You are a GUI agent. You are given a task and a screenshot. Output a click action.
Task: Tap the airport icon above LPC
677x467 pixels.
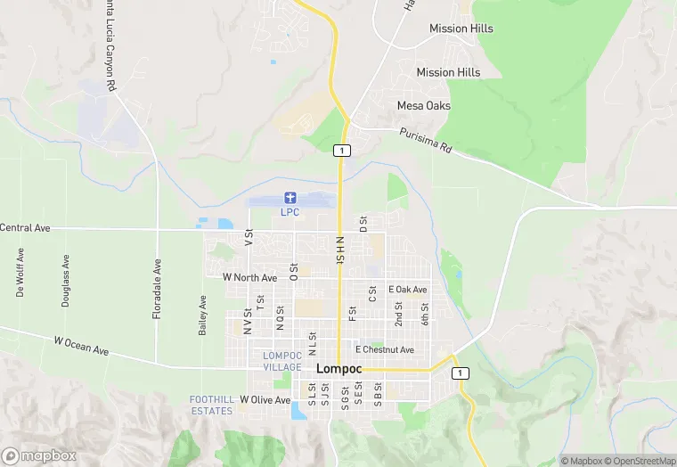290,197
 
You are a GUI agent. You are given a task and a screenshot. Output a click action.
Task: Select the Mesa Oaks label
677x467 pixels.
423,106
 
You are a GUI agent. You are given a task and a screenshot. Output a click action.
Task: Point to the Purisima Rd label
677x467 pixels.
426,141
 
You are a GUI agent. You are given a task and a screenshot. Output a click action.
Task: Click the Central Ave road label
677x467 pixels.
25,228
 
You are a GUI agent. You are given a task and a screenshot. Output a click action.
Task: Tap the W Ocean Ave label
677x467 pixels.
81,346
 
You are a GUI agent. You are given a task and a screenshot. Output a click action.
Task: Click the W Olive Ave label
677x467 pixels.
265,400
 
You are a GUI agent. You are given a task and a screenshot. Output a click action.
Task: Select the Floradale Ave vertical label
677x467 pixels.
157,278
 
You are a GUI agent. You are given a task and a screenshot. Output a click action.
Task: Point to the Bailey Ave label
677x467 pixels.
203,316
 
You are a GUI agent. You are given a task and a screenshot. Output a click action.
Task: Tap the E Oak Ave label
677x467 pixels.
408,290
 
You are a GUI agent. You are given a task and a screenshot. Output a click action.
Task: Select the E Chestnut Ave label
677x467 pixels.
385,350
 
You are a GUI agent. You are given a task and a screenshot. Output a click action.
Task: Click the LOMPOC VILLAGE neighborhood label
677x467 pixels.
283,361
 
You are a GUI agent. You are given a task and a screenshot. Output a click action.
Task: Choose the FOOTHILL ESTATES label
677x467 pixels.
211,405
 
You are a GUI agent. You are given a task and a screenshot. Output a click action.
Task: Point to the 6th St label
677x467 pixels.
426,314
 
